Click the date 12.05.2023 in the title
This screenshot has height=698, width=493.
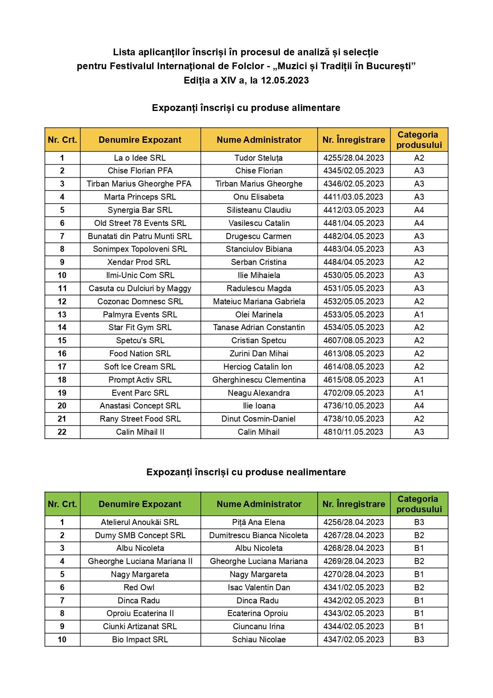tap(285, 80)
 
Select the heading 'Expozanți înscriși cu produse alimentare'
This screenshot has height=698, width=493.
tap(246, 108)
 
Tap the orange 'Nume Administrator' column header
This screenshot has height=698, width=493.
tap(259, 140)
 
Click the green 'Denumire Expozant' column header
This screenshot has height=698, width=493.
tap(140, 504)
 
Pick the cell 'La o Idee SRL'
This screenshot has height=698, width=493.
tap(140, 158)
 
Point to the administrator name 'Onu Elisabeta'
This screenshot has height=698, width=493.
tap(259, 197)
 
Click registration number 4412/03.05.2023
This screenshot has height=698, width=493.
tap(353, 210)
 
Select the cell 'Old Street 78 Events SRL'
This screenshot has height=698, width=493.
tap(140, 223)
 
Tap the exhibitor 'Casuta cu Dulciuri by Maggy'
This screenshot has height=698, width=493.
tap(140, 288)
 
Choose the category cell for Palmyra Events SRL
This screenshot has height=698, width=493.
tap(419, 315)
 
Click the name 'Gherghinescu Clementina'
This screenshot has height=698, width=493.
tap(259, 380)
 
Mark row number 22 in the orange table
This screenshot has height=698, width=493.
tap(62, 432)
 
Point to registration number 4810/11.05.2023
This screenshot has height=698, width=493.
tap(353, 432)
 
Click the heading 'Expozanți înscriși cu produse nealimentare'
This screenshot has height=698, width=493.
tap(246, 472)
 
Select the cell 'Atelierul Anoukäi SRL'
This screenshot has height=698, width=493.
tap(140, 522)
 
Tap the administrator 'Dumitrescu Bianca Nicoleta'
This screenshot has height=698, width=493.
tap(259, 535)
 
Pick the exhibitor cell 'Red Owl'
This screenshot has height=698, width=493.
tap(139, 587)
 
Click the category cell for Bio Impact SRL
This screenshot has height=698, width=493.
tap(419, 640)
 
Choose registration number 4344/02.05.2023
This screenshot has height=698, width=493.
tap(353, 626)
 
